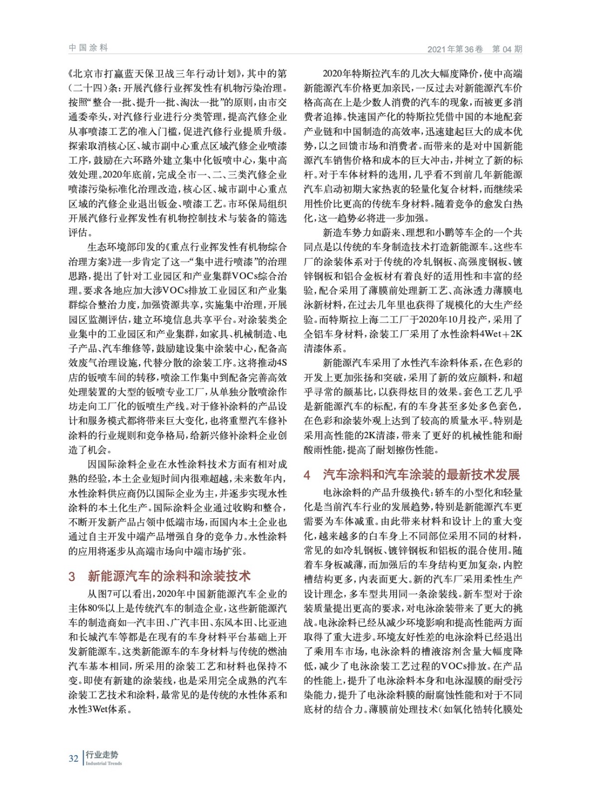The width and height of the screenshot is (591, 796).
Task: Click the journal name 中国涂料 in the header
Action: (88, 48)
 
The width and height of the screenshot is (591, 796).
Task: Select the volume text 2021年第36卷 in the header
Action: (455, 49)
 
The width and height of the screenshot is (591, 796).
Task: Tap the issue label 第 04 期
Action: (507, 49)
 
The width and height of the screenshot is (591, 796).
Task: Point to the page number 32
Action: (73, 758)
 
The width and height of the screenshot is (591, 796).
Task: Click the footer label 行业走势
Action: (102, 755)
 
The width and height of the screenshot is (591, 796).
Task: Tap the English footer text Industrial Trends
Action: (104, 763)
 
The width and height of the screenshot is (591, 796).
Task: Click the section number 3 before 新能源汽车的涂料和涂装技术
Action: (72, 577)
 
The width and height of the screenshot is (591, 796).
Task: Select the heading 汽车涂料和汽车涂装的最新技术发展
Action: (421, 475)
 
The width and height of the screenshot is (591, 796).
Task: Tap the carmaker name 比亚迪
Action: (274, 623)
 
